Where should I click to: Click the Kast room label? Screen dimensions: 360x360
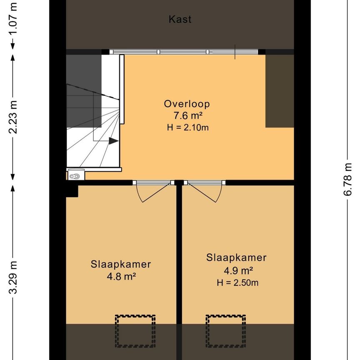(180, 19)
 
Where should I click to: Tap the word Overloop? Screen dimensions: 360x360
(187, 104)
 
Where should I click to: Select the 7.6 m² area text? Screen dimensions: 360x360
(187, 115)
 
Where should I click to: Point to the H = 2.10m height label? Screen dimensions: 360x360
(187, 127)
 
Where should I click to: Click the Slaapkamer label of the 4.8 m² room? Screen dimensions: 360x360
(121, 264)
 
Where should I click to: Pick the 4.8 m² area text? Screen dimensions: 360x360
(121, 276)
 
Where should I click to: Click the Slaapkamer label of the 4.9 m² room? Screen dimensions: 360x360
(236, 257)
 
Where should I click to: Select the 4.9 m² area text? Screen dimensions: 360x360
(236, 270)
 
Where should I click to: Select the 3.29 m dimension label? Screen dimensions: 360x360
(13, 277)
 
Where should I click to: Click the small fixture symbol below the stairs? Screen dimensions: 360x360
(75, 175)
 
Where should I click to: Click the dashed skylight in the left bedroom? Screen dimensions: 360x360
(135, 331)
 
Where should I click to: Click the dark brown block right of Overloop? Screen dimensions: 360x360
(280, 91)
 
